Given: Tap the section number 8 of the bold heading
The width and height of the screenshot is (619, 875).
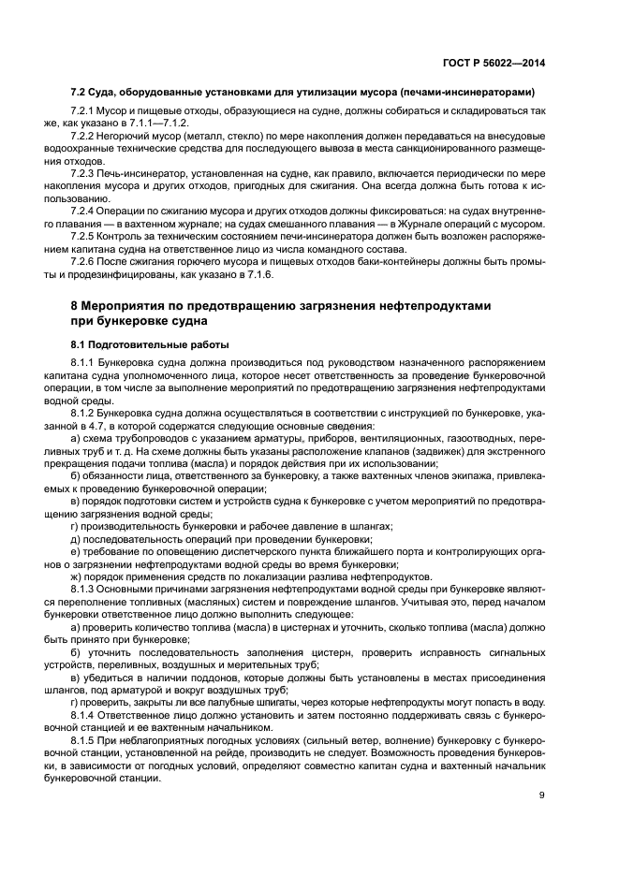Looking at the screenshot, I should pyautogui.click(x=75, y=307).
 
